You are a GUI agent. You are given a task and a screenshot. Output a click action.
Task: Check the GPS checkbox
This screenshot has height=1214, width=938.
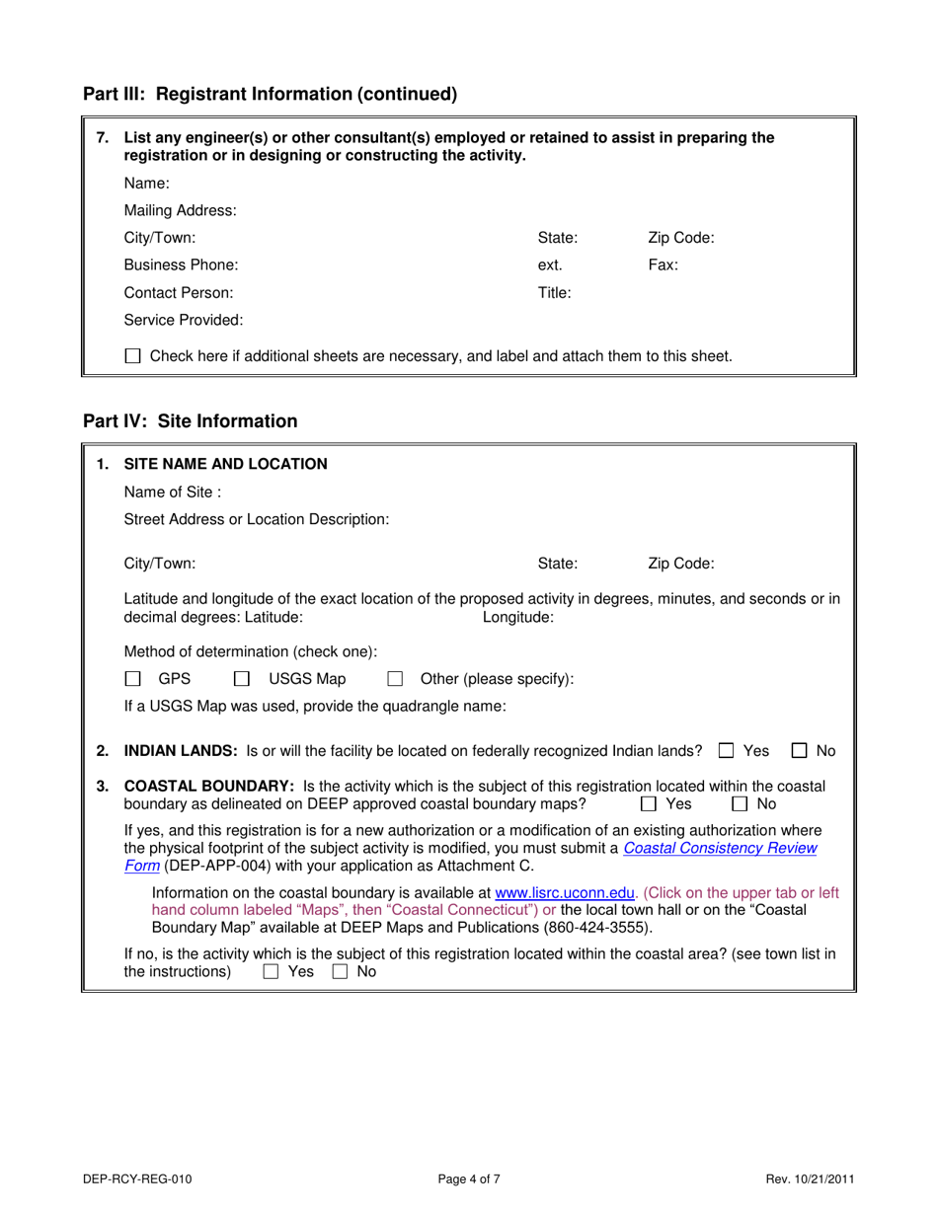[x=133, y=679]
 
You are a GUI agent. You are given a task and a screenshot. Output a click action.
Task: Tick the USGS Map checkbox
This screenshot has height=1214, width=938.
[x=241, y=679]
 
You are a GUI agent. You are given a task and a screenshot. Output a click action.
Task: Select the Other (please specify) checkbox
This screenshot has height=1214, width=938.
[x=395, y=679]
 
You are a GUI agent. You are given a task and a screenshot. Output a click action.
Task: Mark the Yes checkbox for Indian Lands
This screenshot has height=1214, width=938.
[x=727, y=751]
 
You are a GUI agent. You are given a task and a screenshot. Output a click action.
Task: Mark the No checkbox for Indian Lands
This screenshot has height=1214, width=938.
[x=801, y=751]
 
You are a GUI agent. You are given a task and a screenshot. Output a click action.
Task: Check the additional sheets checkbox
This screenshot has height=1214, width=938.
[x=133, y=356]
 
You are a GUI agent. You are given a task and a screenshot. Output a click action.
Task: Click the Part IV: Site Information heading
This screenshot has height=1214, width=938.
[x=190, y=421]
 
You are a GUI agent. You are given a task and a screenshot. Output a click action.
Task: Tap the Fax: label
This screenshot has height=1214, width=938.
[x=663, y=265]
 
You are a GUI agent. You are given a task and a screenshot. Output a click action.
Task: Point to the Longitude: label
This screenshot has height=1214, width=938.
[x=517, y=617]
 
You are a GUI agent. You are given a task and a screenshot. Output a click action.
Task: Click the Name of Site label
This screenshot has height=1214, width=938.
[x=173, y=492]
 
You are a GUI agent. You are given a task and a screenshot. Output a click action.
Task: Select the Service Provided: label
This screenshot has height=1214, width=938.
[x=184, y=320]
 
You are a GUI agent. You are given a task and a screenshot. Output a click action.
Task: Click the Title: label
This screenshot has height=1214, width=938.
[x=554, y=292]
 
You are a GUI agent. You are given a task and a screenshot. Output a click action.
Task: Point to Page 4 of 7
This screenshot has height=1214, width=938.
[x=469, y=1177]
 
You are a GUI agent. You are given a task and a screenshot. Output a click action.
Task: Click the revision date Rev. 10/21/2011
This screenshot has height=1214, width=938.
[x=810, y=1177]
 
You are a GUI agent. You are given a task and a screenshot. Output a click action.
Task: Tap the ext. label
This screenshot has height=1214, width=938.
[x=550, y=265]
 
